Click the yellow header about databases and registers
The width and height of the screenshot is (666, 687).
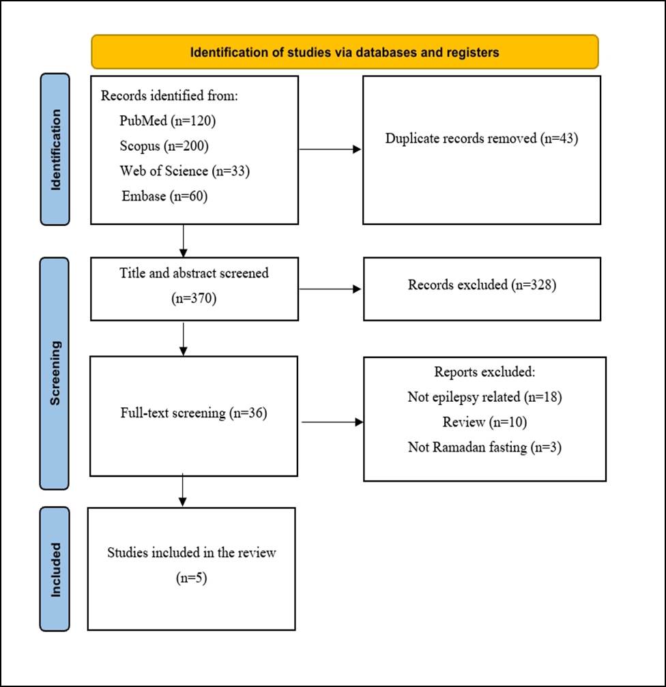[x=345, y=52]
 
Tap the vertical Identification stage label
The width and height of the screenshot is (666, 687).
[x=55, y=149]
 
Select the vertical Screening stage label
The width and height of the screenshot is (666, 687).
[x=55, y=373]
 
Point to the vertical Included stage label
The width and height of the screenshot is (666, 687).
[x=55, y=569]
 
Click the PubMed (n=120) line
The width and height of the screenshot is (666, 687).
[x=167, y=121]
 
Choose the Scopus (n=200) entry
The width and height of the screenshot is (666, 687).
[x=164, y=145]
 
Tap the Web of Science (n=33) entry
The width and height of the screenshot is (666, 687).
[x=184, y=171]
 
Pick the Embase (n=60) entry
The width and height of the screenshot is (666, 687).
[x=164, y=196]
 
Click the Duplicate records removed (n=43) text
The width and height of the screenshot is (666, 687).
[x=482, y=138]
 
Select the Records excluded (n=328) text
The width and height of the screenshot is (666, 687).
[x=482, y=284]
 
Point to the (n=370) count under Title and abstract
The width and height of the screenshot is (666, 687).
[x=194, y=298]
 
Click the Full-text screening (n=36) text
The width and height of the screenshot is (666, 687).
[x=194, y=413]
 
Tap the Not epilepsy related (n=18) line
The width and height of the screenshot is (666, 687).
[x=484, y=397]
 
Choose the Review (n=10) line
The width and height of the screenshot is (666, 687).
[x=484, y=422]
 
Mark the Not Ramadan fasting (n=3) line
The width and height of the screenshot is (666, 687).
[x=484, y=448]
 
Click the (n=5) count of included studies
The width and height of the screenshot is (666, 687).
[x=192, y=578]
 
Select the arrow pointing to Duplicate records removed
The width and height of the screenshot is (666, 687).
[x=330, y=149]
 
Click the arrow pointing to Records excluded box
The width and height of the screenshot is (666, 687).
[x=330, y=289]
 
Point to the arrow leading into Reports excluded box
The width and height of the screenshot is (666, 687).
[x=332, y=422]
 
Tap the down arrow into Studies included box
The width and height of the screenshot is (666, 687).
[x=183, y=490]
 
